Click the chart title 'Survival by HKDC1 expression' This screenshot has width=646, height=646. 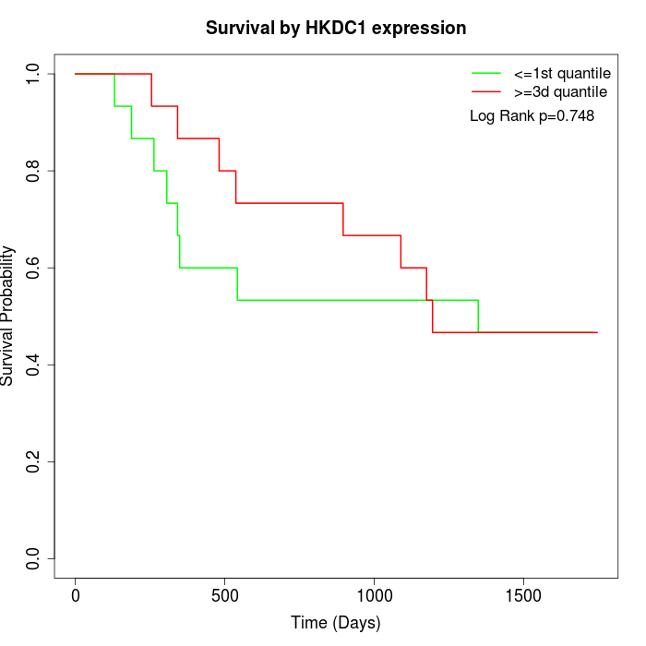coord(335,28)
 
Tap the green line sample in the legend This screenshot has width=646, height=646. coord(486,72)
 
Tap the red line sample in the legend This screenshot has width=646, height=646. coord(486,91)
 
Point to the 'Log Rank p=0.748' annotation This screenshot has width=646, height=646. coord(532,116)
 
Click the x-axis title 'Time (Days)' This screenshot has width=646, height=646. coord(335,623)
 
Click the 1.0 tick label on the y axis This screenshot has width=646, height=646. coord(34,74)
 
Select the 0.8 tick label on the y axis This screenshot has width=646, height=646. coord(34,171)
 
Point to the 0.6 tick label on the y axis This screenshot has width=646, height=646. coord(34,268)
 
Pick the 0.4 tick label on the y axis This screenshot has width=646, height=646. coord(34,365)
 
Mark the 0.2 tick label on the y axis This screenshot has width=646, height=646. coord(34,461)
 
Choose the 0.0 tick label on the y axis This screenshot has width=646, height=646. coord(34,558)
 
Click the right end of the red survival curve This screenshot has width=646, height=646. coord(597,332)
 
